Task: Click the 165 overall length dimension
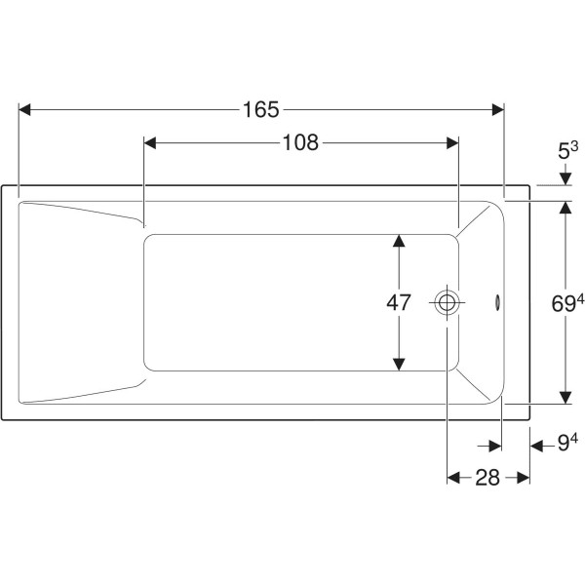(260, 109)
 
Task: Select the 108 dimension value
(300, 142)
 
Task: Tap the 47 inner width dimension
(399, 302)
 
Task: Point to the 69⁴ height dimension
(567, 303)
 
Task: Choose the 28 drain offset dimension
(487, 478)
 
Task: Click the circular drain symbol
(447, 302)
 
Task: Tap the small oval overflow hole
(497, 302)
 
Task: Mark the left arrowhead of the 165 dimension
(24, 109)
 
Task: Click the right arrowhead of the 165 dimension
(498, 109)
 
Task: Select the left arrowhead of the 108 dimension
(150, 142)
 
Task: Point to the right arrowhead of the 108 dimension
(452, 142)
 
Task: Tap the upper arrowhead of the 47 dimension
(399, 241)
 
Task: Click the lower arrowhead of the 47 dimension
(399, 365)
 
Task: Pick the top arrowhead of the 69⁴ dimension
(565, 208)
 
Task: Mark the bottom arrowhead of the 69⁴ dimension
(565, 398)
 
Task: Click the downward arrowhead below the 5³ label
(565, 179)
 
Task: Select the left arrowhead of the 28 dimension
(453, 478)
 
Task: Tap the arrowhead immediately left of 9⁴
(536, 446)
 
